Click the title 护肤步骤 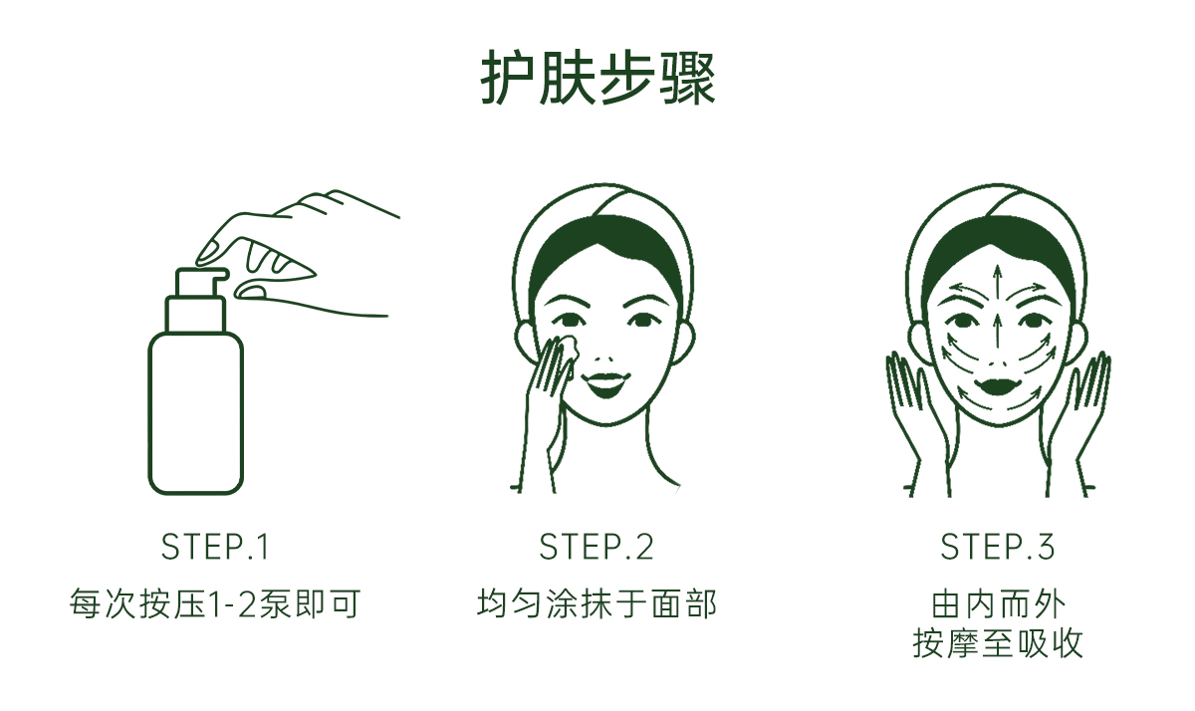coord(597,79)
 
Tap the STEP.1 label coord(215,547)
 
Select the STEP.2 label coord(596,547)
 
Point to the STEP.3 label coord(998,547)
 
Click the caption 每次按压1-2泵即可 coord(215,603)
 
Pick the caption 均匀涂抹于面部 coord(597,603)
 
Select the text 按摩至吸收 coord(998,643)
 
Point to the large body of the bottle coord(196,413)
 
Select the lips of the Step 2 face coord(605,383)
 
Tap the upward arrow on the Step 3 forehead coord(997,284)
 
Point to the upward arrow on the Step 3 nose coord(997,332)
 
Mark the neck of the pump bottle coord(195,315)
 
